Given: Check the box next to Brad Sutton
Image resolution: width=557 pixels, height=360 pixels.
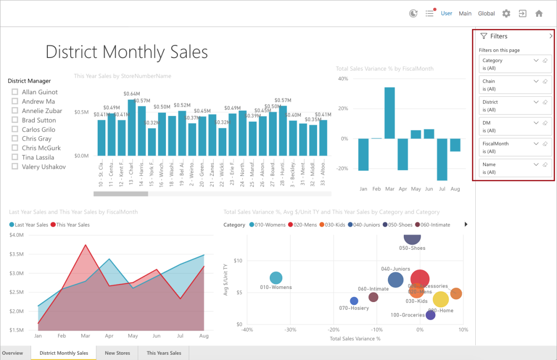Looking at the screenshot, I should coord(15,120).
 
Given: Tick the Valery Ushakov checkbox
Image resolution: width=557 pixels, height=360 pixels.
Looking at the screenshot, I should coord(15,167).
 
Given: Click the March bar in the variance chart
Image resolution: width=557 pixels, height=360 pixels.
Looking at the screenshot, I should coord(389,113).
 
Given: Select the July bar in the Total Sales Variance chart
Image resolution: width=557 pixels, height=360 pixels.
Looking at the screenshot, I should coord(441,159).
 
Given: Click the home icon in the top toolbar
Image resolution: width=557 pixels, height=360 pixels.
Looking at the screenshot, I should coord(539,14).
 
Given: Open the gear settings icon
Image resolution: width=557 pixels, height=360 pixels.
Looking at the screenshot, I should coord(506,14).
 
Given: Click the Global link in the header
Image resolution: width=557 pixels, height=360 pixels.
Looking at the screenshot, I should coord(486,14).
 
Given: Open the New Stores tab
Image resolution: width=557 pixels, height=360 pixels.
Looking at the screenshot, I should coord(117,353).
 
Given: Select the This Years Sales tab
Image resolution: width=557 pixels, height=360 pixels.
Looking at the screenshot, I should coord(164,353).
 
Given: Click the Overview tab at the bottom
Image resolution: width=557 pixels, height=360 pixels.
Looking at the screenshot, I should coord(13,353).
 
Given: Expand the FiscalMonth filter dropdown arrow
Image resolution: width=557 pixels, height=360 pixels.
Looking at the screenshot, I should coord(536,144).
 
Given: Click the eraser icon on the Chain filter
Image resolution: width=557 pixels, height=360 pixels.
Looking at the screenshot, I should coord(545,81).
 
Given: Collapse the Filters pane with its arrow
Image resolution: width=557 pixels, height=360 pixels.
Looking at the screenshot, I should coord(551,36).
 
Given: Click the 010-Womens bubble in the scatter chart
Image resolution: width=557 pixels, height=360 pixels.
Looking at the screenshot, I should coord(276,278).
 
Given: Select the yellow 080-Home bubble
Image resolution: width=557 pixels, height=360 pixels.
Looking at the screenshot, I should coord(440,300).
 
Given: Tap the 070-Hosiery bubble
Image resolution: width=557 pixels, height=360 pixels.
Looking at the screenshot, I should coord(354,301).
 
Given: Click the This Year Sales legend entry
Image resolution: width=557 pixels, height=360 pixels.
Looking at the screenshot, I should coord(70,225).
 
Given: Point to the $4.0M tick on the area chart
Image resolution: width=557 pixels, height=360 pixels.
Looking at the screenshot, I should coord(16,235).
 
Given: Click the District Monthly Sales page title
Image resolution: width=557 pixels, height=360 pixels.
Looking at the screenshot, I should coord(127,52).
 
